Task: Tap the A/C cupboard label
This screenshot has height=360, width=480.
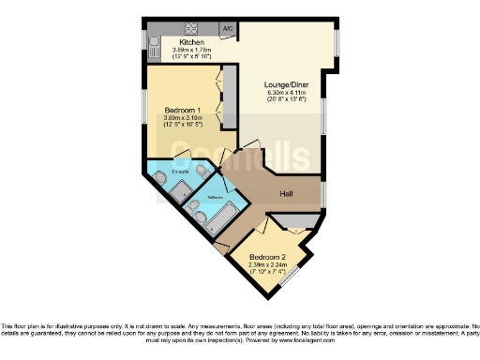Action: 226,29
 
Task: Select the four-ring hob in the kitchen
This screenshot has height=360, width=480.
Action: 191,28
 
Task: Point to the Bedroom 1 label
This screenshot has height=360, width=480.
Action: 184,111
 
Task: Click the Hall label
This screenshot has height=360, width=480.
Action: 289,194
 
